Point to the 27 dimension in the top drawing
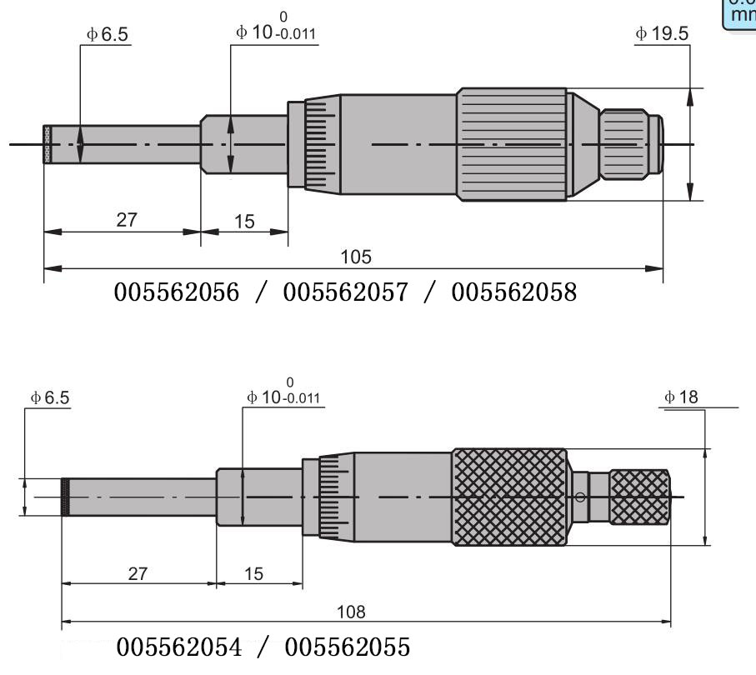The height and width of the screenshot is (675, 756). pos(127,219)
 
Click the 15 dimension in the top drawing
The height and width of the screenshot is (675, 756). pos(244,221)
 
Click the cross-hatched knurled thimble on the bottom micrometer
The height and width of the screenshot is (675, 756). pos(509,497)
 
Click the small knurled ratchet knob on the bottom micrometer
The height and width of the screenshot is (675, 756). pos(638,497)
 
